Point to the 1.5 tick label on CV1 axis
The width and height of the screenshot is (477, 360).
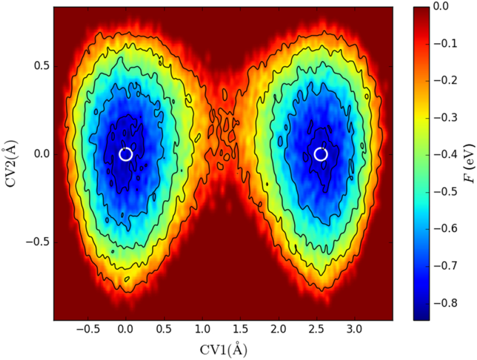pos(240,329)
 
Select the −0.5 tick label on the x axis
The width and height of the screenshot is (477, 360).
pos(85,329)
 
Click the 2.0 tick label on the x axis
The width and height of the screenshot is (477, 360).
pos(279,329)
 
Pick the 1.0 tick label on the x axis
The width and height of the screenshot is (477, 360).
pos(202,329)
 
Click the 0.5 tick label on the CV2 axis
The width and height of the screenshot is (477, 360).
pos(39,67)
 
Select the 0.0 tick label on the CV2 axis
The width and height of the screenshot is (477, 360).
pos(39,155)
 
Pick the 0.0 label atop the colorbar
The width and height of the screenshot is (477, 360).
pos(441,6)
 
